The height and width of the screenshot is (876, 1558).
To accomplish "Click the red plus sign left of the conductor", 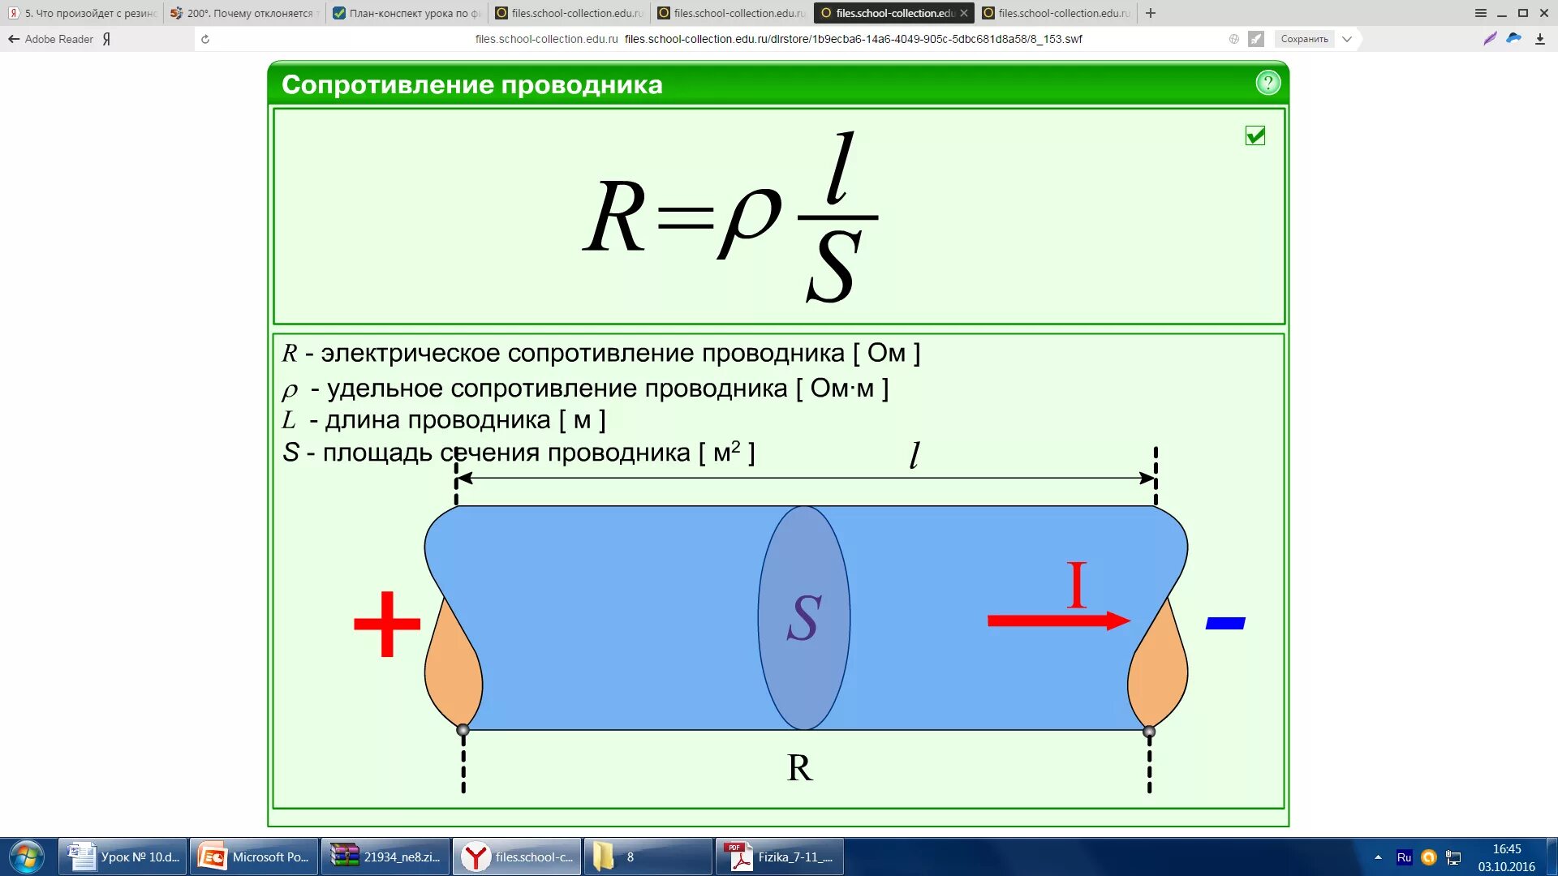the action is pos(387,624).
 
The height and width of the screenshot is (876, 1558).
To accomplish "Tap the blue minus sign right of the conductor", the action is pos(1225,623).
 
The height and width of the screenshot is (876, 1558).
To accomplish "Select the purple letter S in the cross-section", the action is pos(804,618).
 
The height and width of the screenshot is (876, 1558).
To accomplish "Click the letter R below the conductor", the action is pos(799,767).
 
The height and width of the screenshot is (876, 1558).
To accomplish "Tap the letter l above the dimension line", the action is pos(915,455).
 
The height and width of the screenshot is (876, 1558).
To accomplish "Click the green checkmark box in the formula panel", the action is pos(1255,135).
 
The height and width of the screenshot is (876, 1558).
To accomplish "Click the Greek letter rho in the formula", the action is pos(748,219).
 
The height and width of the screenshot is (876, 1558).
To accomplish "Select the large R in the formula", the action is pos(615,217).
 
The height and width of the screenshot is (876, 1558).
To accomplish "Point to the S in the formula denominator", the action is pos(833,266).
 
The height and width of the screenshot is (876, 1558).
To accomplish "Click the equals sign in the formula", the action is pos(686,217).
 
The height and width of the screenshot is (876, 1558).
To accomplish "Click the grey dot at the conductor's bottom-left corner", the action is pos(463,730).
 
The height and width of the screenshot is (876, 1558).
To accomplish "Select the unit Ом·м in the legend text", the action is pos(841,389).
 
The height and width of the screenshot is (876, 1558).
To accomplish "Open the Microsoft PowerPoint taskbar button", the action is pos(255,857).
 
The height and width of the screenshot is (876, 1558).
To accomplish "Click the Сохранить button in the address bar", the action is pos(1304,39).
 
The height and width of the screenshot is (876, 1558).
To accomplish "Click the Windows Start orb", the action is pos(27,857).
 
